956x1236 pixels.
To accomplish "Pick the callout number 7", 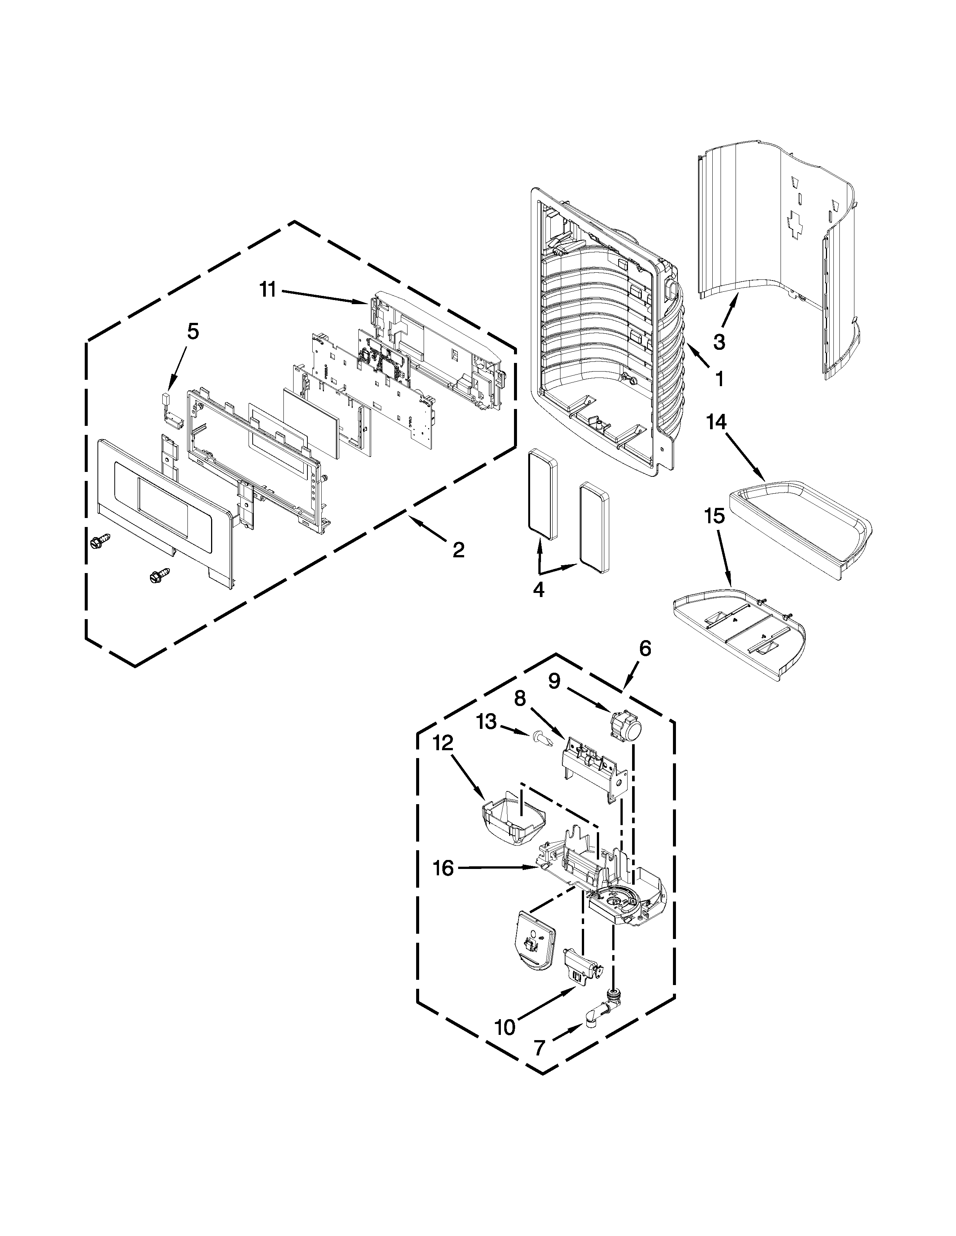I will [539, 1048].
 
